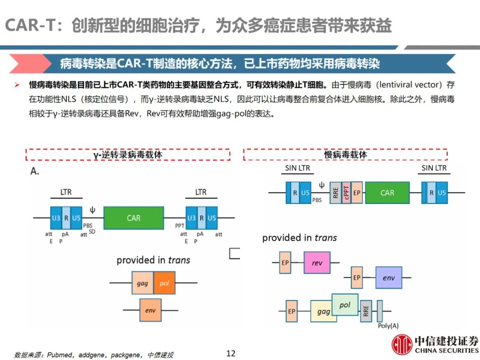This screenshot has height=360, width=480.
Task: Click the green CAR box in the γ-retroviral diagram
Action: point(133,218)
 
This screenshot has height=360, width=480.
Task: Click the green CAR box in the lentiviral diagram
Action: point(387,192)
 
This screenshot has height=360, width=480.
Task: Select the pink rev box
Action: point(317,263)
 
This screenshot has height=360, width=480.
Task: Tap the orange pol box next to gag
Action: point(164,283)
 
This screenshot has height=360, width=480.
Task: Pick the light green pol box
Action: point(345,305)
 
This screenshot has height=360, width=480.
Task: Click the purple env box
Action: point(388,278)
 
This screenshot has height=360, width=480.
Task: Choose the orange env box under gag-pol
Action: point(150,310)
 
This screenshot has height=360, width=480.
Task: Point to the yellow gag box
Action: point(323,312)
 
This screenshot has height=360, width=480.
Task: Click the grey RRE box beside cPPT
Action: point(336,193)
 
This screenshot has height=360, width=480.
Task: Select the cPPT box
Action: point(346,193)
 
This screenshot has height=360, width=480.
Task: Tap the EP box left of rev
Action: point(285,263)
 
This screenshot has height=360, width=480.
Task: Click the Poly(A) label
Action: point(388,326)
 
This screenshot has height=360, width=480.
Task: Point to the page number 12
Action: point(231,353)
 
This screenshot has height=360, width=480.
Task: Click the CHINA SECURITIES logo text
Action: point(447,350)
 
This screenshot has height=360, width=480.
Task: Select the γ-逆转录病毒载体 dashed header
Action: point(128,155)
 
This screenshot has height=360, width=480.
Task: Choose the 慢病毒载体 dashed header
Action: point(345,155)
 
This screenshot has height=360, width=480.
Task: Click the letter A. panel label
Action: point(35,171)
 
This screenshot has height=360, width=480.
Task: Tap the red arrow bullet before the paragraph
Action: point(17,84)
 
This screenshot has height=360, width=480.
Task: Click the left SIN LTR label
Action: point(297,168)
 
